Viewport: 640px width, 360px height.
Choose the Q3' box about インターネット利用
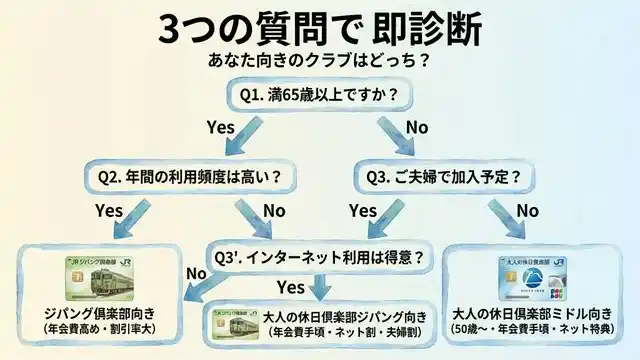tap(319, 255)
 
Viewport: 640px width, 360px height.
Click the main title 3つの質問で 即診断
tap(320, 27)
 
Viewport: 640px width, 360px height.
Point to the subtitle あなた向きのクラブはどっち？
tap(320, 60)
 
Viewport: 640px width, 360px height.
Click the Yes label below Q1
tap(219, 128)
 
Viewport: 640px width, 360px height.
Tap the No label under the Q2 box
tap(273, 211)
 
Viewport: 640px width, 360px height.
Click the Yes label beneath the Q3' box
tap(290, 289)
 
